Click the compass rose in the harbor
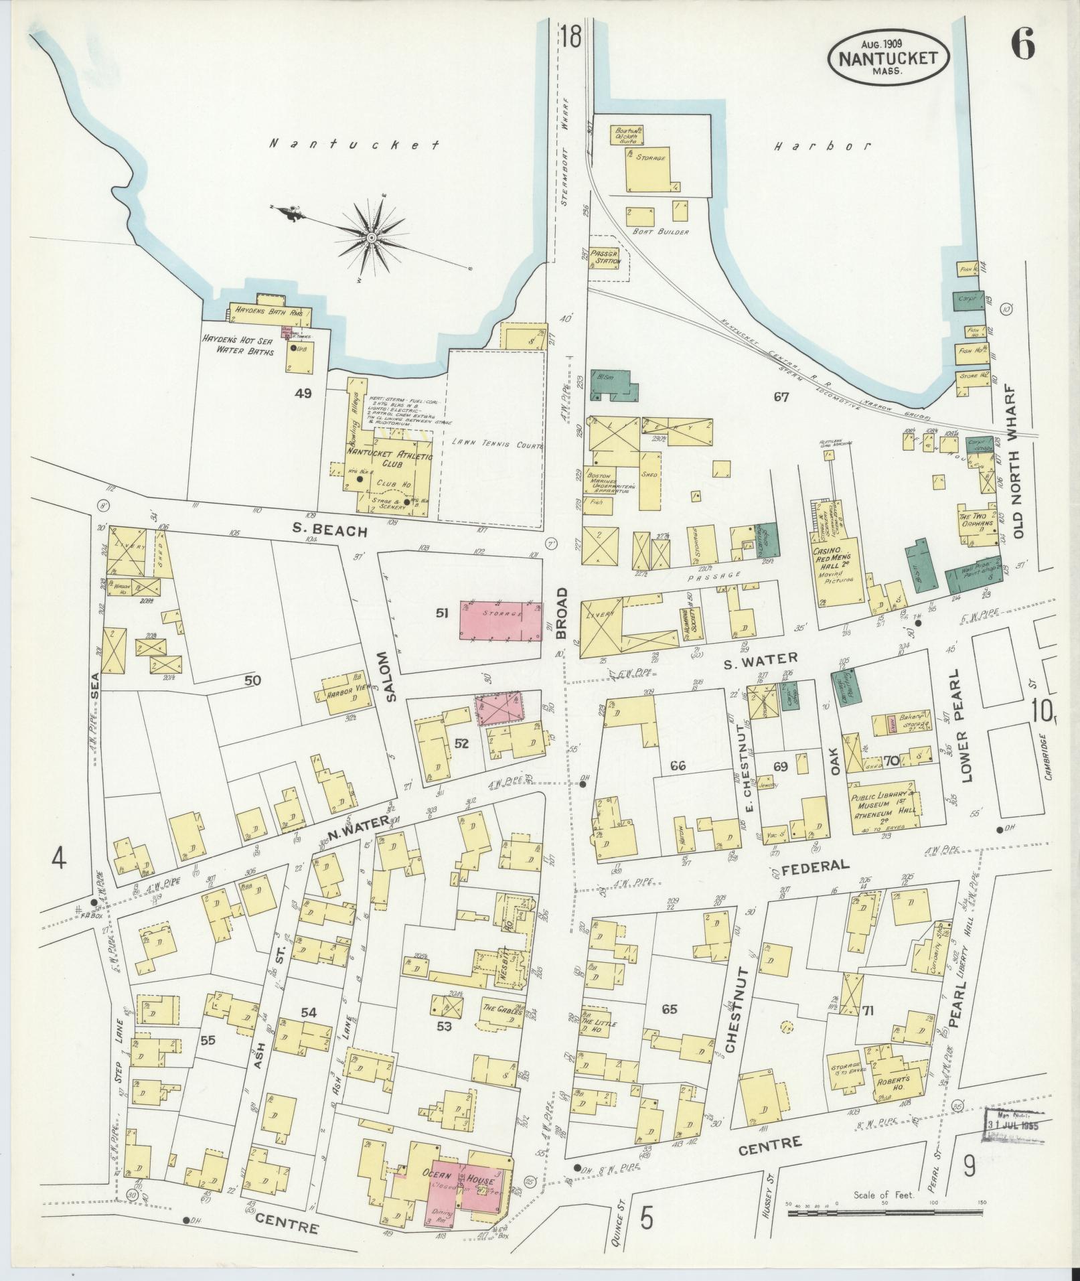pyautogui.click(x=370, y=237)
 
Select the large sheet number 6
pyautogui.click(x=1022, y=46)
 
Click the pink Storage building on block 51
pyautogui.click(x=501, y=620)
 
